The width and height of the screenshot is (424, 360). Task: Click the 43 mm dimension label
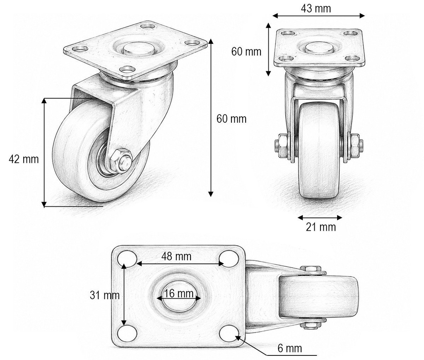[316, 8]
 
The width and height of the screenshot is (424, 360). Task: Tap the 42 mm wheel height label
[24, 159]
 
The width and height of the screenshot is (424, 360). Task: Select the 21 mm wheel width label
[321, 227]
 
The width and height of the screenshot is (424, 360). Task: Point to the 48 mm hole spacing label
[176, 256]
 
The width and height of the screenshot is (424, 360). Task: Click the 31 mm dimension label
[105, 295]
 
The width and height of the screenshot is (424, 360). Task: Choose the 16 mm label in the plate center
[179, 293]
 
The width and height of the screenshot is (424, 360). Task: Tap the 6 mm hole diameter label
[289, 348]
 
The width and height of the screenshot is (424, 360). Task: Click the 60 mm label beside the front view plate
[246, 51]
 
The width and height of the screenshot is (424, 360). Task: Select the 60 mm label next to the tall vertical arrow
[231, 119]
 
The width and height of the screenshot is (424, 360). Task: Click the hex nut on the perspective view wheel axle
[120, 161]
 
